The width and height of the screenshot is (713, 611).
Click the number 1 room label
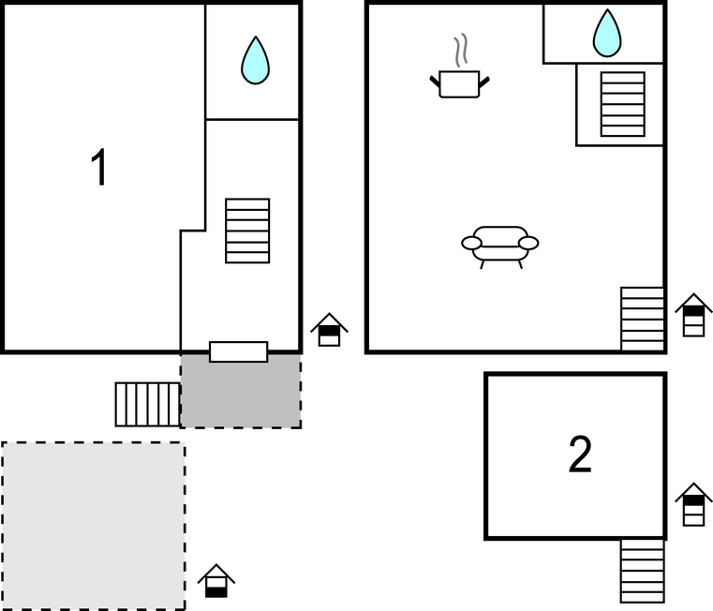(99, 167)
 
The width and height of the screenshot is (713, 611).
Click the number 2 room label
(580, 454)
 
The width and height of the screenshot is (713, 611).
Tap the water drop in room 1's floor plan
(255, 61)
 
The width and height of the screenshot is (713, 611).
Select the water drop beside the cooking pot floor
(607, 33)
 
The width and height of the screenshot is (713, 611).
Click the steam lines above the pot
(461, 50)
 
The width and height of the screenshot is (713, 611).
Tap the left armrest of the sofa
(471, 244)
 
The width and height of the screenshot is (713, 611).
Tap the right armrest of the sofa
(528, 244)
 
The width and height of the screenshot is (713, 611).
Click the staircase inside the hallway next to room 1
(247, 231)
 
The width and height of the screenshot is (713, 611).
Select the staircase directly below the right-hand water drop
(622, 104)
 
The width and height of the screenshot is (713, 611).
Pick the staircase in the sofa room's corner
(643, 319)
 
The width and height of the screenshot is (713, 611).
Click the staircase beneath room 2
(643, 572)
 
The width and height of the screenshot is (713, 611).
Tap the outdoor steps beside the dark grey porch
(148, 405)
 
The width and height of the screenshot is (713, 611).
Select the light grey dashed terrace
(93, 526)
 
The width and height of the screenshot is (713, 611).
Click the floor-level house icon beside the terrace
(216, 581)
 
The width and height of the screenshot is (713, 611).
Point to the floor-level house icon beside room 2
(693, 504)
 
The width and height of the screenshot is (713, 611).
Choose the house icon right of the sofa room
(693, 315)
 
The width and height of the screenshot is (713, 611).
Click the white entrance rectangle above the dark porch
(238, 351)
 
